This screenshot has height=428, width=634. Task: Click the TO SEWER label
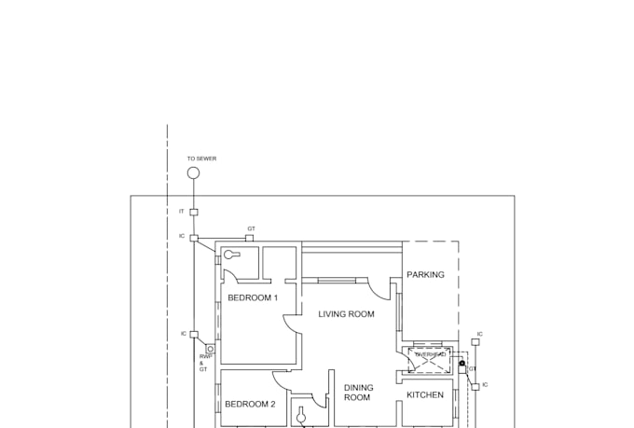coord(201,159)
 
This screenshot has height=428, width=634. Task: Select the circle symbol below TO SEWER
coord(194,173)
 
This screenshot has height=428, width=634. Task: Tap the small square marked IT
coord(194,212)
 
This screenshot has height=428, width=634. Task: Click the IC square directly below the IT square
coord(194,238)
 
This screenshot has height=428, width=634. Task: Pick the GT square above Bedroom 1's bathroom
coord(249,238)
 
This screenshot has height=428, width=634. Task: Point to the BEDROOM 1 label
coord(253,297)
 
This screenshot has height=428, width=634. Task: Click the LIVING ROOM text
coord(346,314)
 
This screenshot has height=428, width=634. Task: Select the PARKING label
coord(425,275)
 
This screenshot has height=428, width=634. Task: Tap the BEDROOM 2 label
coord(250,405)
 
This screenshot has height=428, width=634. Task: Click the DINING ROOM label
coord(357,393)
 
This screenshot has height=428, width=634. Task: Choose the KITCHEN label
coord(425,395)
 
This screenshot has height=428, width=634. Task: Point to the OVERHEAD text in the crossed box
coord(430,355)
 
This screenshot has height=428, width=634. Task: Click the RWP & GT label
coord(203,364)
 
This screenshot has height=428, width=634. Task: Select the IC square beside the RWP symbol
coord(194,334)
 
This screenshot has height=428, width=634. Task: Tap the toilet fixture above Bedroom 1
coord(231,255)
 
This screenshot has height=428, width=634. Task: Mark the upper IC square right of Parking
coord(475,342)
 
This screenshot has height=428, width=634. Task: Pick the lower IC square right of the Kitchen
coord(475,384)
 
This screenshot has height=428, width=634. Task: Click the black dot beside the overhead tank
coord(462,363)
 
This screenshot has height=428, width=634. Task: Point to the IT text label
coord(182,212)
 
